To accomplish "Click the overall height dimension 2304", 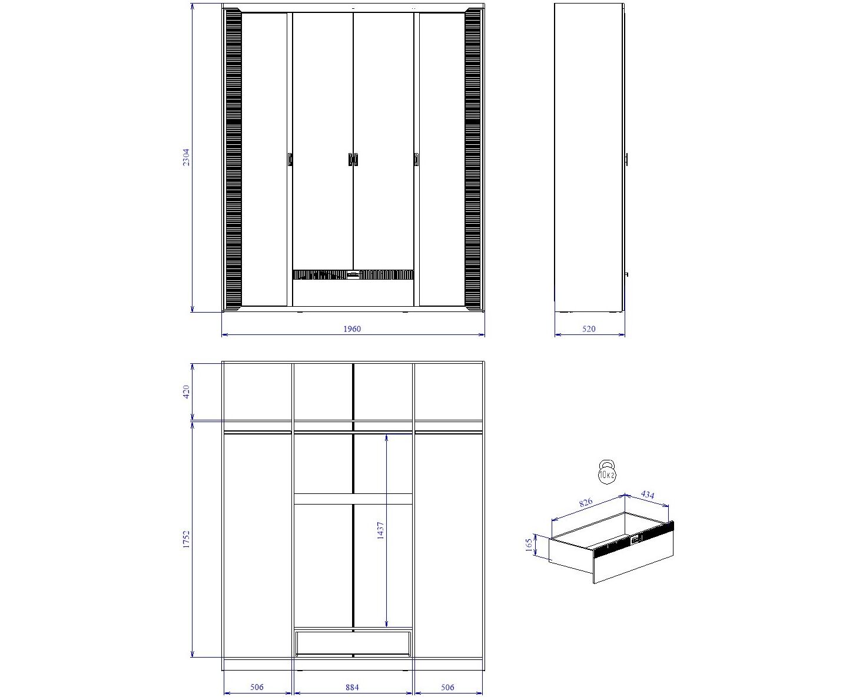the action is point(186,157).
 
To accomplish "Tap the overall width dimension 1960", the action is point(352,329).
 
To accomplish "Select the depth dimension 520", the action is point(589,329).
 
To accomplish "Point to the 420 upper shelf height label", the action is point(186,392).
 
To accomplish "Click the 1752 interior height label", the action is point(186,539).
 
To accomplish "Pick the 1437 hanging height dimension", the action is point(380,530).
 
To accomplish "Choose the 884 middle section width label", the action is point(352,687).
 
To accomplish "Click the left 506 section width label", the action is point(257,687).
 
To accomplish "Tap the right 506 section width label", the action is point(447,687).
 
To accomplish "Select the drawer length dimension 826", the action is point(586,502).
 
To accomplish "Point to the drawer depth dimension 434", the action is point(648,495).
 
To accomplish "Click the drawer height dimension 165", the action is point(529,544).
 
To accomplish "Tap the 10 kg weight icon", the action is point(607,472).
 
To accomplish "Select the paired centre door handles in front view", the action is point(353,160).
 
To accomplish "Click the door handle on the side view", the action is point(626,160).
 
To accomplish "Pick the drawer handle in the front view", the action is point(353,275).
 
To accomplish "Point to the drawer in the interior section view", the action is point(353,643).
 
